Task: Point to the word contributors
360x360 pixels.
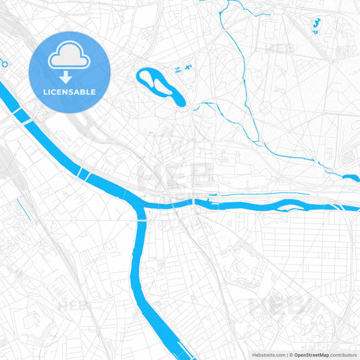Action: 343,355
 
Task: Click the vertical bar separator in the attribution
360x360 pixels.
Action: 288,355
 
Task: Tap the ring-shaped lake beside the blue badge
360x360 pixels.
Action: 161,86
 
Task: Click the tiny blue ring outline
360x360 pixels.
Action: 4,63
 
